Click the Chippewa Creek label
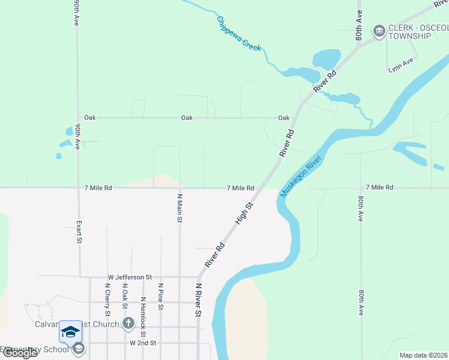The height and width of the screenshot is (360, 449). coord(239,33)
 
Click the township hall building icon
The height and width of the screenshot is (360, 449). coord(379,31)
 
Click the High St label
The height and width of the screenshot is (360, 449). coord(244,213)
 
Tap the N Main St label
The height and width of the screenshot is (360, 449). coord(179,208)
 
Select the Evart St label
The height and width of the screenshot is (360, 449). coord(79,232)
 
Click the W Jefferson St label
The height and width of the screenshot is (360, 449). coord(130,277)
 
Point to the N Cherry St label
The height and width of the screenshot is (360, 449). coord(107,299)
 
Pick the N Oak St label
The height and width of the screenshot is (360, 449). coord(125,296)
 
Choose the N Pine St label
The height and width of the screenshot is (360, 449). coord(160,297)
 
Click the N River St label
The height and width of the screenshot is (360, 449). coord(198,300)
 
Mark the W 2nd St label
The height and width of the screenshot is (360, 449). coord(143,343)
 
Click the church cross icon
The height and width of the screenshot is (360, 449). coord(128,324)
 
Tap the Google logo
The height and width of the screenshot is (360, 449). coord(20,353)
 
